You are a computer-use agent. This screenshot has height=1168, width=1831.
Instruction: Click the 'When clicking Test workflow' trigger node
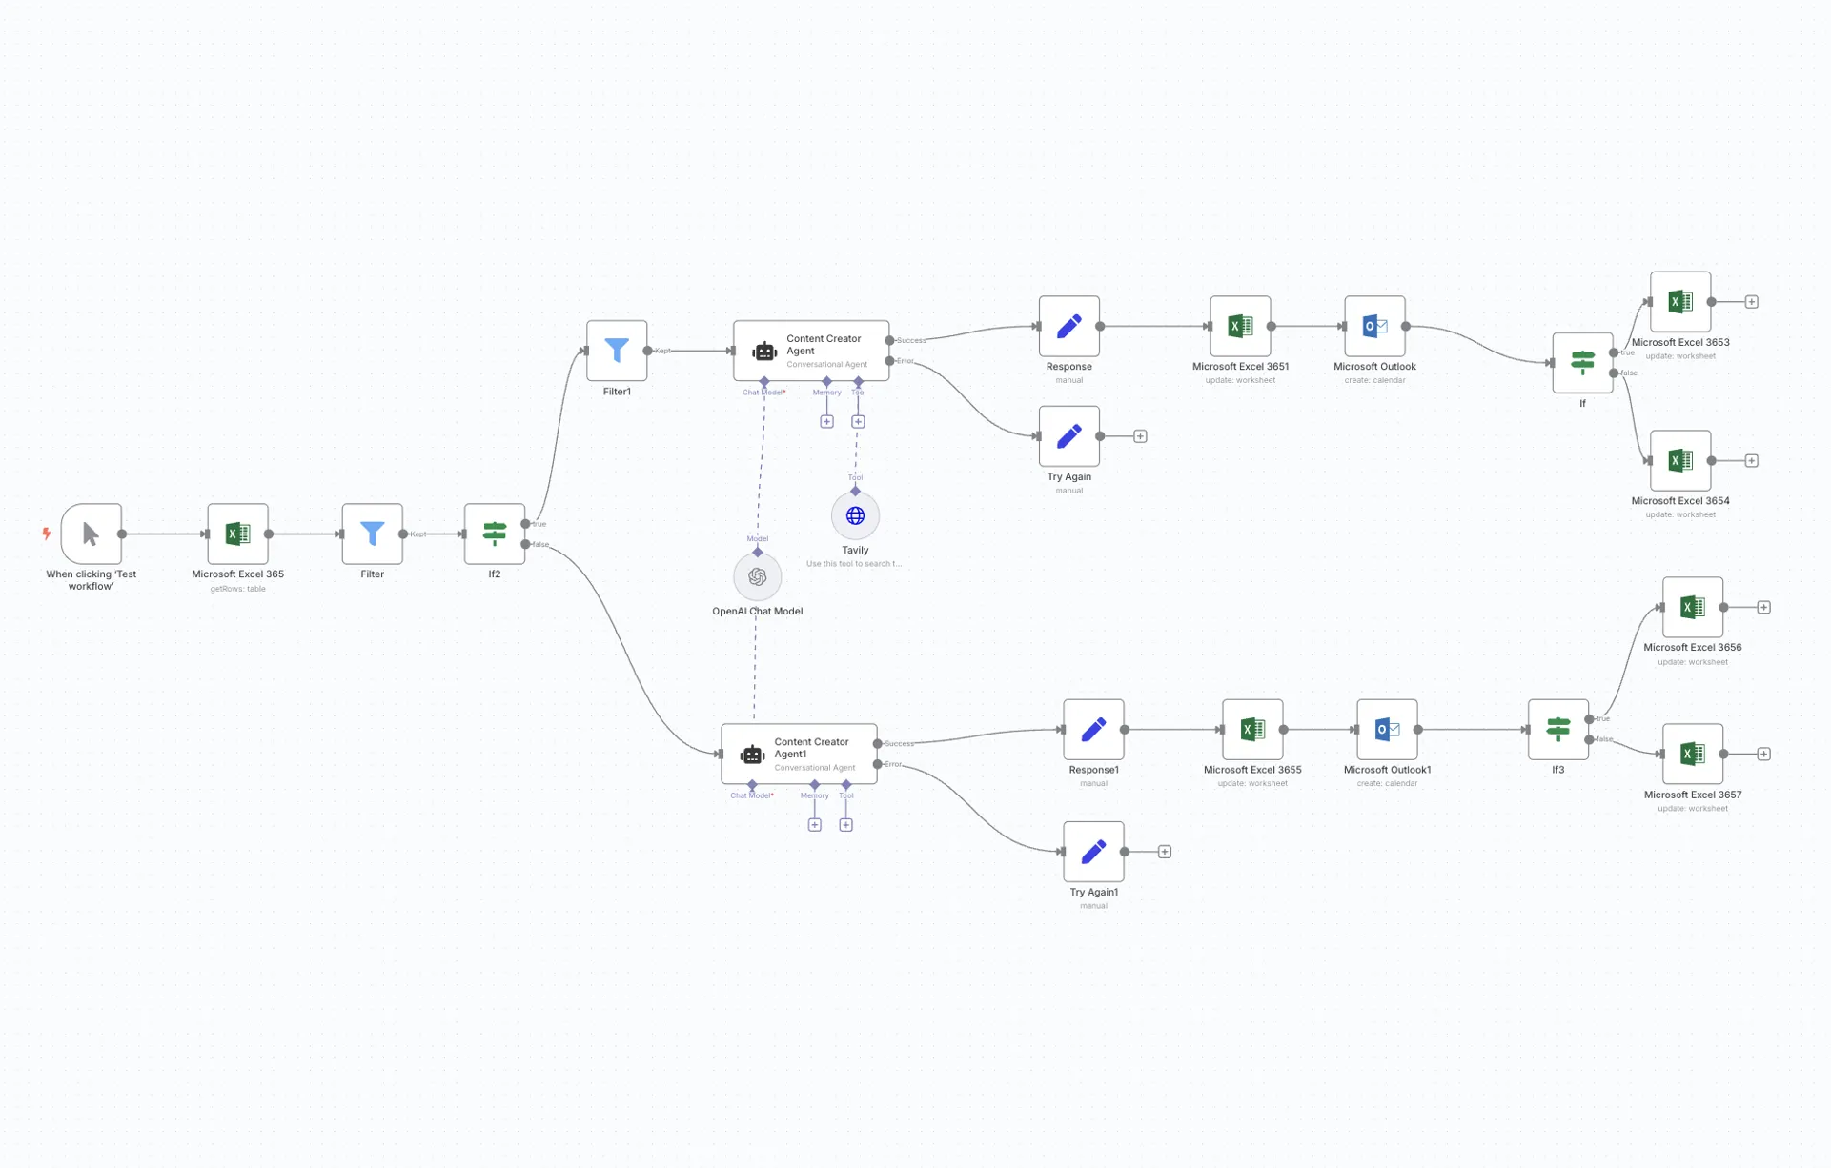tap(92, 534)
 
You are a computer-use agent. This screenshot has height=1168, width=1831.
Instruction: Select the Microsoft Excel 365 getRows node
tap(237, 534)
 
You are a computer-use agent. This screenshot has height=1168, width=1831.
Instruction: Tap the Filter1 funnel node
tap(617, 351)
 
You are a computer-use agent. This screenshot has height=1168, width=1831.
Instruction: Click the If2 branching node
tap(494, 534)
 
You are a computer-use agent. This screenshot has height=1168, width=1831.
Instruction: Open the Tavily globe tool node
tap(855, 515)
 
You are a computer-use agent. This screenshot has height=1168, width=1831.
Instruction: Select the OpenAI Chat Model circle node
tap(757, 576)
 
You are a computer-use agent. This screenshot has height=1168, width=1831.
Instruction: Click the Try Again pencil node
tap(1068, 436)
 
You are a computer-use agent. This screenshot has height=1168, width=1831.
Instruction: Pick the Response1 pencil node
tap(1093, 730)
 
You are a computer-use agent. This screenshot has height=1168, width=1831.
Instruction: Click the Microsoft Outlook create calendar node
tap(1374, 326)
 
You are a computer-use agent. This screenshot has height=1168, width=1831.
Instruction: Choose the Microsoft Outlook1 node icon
tap(1387, 730)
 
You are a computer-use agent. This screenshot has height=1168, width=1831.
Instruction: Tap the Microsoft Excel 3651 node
tap(1240, 326)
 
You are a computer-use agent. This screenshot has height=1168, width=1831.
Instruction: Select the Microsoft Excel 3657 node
tap(1692, 754)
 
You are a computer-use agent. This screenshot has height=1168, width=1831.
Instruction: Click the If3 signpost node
tap(1557, 730)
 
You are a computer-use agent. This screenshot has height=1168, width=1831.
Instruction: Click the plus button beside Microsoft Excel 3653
tap(1751, 302)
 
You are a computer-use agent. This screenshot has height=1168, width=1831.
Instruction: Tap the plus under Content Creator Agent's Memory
tap(826, 421)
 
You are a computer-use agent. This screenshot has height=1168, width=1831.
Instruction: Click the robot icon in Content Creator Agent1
tap(752, 755)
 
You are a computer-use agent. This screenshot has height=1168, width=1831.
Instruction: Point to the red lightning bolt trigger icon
tap(46, 534)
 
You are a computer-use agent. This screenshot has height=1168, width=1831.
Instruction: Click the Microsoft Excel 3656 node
tap(1692, 607)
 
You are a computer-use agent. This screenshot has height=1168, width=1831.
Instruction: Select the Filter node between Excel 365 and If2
tap(372, 534)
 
